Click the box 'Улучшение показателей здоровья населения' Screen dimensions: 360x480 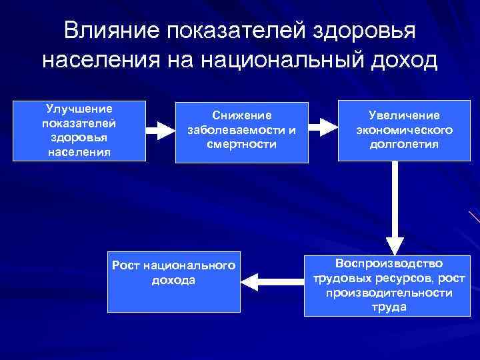point(79,131)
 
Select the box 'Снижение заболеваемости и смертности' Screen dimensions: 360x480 point(241,132)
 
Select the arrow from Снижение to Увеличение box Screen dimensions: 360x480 point(323,127)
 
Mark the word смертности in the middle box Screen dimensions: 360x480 point(242,144)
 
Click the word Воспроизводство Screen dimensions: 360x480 point(389,263)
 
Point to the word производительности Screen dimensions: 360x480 point(389,293)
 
